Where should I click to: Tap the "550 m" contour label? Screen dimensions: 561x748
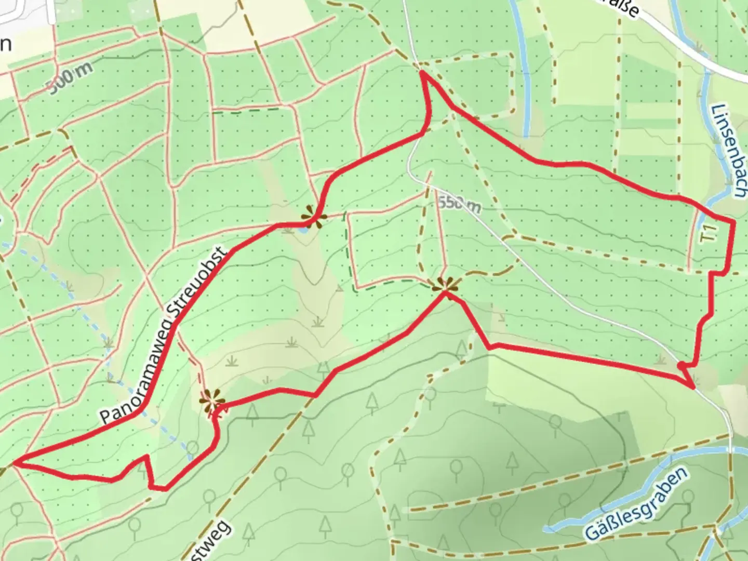click(459, 203)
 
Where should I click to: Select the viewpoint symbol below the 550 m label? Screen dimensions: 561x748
click(445, 284)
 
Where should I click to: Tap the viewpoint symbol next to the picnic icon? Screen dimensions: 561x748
click(212, 399)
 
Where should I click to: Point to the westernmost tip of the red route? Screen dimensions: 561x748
click(16, 462)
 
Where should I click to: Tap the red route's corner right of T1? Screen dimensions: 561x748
click(733, 222)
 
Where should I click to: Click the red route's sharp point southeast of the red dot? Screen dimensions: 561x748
click(693, 387)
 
